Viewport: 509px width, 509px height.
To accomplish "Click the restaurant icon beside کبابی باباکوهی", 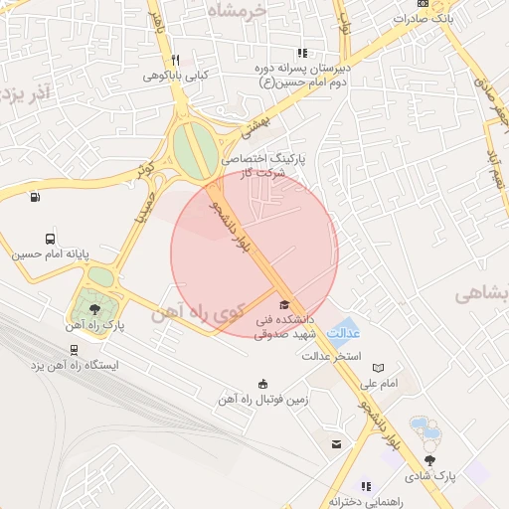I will (x=175, y=59).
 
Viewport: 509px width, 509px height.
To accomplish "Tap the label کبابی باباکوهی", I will (x=176, y=75).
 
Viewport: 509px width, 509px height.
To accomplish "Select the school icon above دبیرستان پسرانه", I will (x=301, y=54).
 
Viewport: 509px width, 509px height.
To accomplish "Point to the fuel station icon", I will (x=36, y=196).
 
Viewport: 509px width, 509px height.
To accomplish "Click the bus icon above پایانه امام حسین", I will (x=50, y=239).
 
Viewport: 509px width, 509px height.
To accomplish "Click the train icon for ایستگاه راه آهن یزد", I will (x=74, y=349).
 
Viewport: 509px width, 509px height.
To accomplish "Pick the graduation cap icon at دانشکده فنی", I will (x=284, y=305).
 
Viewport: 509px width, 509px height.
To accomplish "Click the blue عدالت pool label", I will (x=343, y=333).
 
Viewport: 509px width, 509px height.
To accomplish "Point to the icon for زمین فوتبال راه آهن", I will (x=262, y=385).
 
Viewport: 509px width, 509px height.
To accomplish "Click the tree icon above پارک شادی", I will (x=429, y=460).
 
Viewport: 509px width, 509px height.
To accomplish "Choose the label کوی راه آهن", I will (x=197, y=313).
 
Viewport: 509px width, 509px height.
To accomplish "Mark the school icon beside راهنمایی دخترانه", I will (x=365, y=486).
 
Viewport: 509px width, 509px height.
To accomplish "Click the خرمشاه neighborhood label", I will (x=239, y=9).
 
